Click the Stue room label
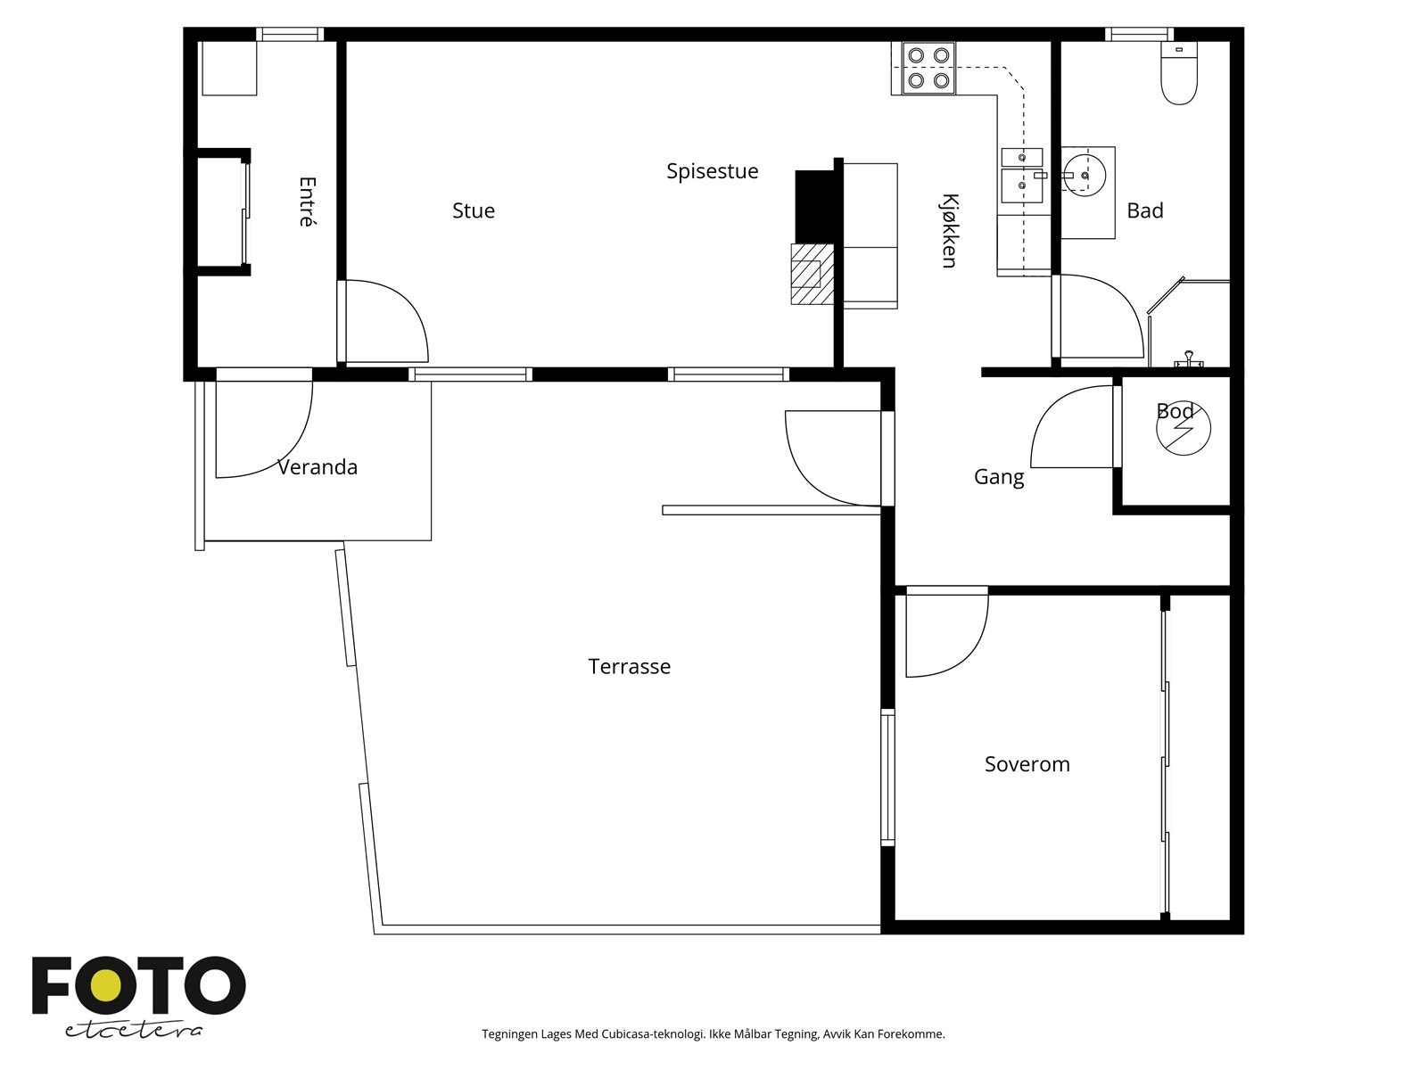(474, 210)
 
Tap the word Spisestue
(712, 171)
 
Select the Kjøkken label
(950, 231)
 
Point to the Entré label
(308, 202)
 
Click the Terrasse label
(630, 667)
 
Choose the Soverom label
(1027, 764)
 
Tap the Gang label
(999, 478)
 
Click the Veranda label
(318, 467)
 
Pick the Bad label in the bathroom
(1145, 210)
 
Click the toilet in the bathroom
(1179, 73)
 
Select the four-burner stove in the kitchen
(928, 68)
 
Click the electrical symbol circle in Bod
(1184, 427)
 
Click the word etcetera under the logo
(133, 1031)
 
